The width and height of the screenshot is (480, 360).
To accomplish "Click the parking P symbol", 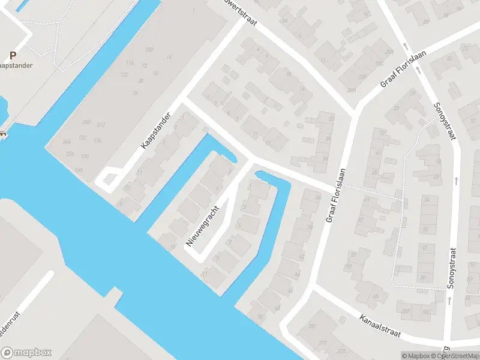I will coord(13,54).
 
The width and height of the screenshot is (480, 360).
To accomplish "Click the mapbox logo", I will coord(26,353).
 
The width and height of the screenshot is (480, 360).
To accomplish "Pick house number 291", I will coord(311,326).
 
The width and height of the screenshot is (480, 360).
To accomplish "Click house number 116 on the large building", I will coord(130,63).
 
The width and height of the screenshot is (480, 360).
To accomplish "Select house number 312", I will coord(101,125).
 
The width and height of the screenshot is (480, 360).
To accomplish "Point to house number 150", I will coord(79,170).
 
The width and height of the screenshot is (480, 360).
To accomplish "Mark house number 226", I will coord(70,154).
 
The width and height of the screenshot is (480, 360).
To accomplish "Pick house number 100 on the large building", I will coord(149,49).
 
